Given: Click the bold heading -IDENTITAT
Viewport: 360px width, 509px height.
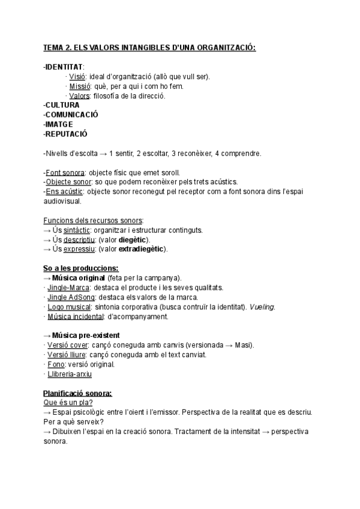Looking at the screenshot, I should click(64, 66).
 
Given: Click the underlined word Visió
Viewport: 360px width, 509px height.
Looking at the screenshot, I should click(77, 76).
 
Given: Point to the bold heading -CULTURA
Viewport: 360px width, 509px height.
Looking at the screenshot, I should click(62, 105).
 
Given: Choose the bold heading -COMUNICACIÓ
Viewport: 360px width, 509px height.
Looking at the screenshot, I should click(71, 115).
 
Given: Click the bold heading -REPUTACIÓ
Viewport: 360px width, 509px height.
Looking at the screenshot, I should click(65, 134).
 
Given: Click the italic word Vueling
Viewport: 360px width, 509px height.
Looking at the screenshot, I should click(262, 307).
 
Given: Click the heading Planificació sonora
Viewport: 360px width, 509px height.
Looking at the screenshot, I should click(77, 393).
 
